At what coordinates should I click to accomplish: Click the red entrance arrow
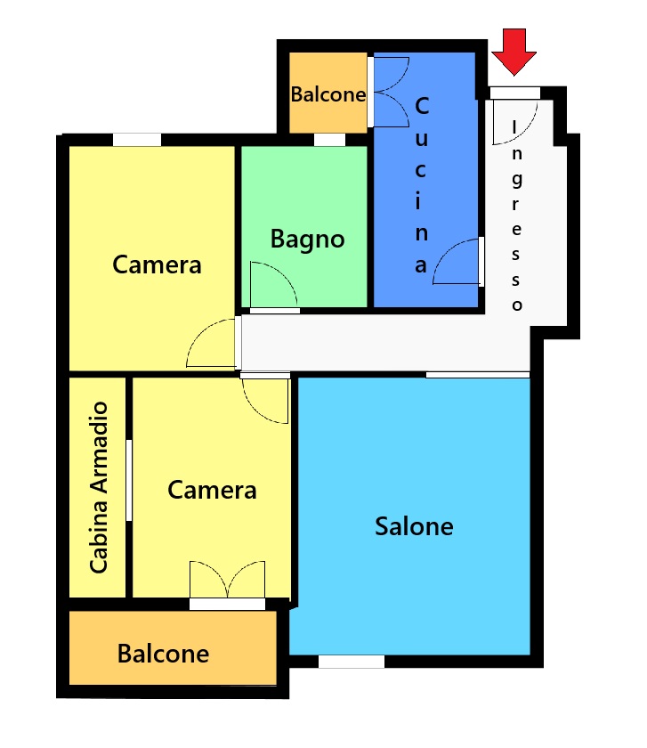click(x=514, y=52)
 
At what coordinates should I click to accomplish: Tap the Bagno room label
click(x=308, y=239)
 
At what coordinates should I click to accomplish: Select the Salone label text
click(x=414, y=526)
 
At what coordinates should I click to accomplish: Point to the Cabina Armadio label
click(x=99, y=487)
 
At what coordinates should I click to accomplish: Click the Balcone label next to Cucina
click(x=328, y=94)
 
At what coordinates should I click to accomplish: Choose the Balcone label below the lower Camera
click(x=163, y=654)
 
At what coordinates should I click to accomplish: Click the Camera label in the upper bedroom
click(x=157, y=264)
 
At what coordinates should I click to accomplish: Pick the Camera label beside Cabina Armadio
click(x=212, y=491)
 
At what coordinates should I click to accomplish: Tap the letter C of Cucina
click(x=422, y=106)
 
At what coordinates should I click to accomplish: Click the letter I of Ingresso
click(x=514, y=126)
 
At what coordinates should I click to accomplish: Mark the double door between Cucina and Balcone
click(x=391, y=92)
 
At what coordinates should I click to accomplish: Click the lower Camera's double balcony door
click(x=228, y=579)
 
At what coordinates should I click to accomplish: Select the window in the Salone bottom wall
click(x=352, y=662)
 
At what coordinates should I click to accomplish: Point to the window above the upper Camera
click(x=137, y=140)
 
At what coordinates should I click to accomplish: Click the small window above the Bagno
click(x=329, y=140)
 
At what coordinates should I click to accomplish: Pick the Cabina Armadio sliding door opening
click(x=129, y=480)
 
